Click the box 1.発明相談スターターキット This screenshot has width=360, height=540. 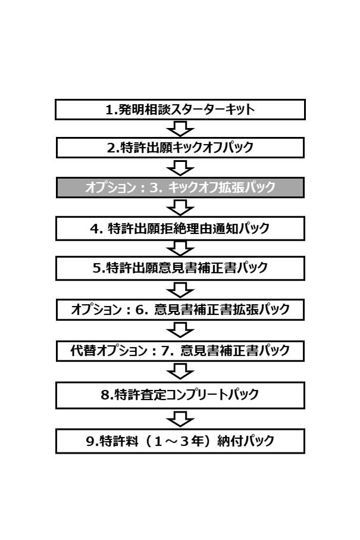click(180, 110)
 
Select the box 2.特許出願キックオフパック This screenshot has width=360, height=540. click(180, 148)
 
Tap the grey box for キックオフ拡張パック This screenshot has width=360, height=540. click(180, 188)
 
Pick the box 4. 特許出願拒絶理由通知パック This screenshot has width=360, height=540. click(180, 229)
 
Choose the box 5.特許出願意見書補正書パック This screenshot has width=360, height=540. click(180, 268)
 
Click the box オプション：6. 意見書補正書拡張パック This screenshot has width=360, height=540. click(180, 310)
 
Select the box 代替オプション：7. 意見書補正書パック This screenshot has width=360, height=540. click(180, 351)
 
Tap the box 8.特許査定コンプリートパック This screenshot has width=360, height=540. click(180, 395)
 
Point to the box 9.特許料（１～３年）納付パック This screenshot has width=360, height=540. click(180, 441)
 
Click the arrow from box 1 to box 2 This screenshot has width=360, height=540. click(180, 129)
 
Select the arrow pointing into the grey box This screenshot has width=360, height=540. click(180, 168)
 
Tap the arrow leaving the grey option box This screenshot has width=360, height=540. click(180, 207)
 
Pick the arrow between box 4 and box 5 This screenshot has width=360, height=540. click(180, 248)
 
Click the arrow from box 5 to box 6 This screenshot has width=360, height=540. click(180, 290)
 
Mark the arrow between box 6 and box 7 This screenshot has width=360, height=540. click(180, 330)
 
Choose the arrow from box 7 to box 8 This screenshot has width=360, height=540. click(180, 372)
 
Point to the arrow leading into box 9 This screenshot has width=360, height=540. click(180, 419)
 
